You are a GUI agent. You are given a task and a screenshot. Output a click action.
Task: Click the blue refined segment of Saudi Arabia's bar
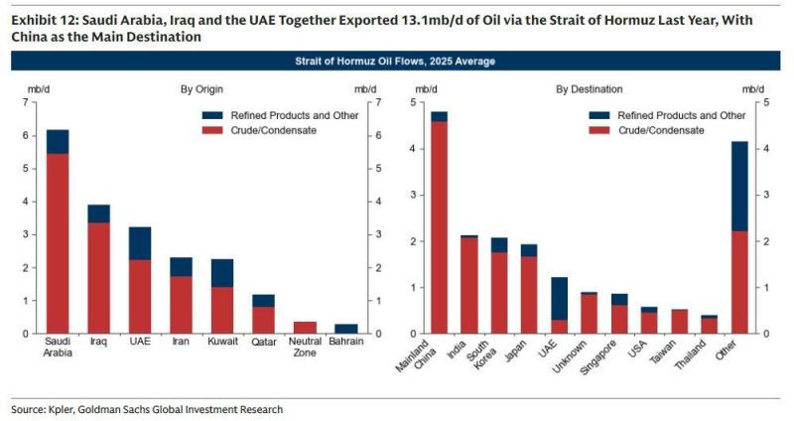tap(58, 142)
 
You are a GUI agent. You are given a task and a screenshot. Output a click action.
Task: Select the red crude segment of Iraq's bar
tap(99, 278)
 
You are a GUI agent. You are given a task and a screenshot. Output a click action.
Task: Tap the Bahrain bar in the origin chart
tap(346, 329)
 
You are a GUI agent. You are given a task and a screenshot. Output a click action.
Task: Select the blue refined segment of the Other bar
tap(739, 186)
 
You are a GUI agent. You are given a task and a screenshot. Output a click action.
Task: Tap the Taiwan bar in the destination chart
tap(679, 321)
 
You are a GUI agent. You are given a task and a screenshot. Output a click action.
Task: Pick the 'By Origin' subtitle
tap(200, 89)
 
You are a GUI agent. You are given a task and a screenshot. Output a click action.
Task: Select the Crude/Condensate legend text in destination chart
tap(661, 130)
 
